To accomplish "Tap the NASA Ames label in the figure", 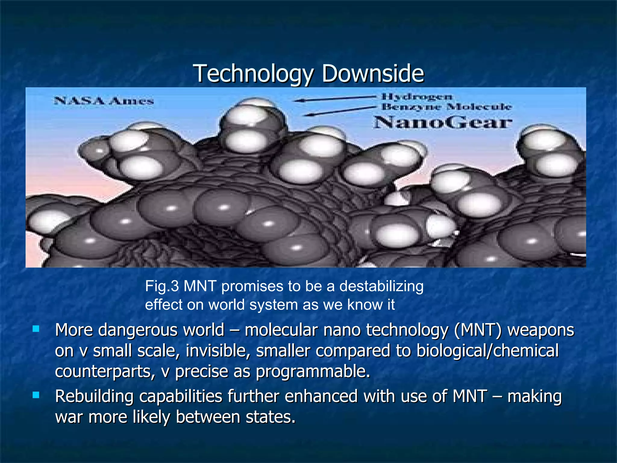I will (104, 101).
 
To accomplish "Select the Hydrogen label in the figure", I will (417, 97).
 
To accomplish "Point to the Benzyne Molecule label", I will (447, 107).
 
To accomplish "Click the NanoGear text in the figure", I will (443, 123).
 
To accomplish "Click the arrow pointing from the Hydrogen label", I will (334, 99).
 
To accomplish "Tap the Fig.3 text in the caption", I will (162, 286).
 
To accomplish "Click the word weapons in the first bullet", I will (541, 330).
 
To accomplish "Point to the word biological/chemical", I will (487, 351).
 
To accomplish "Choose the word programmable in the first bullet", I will (313, 372).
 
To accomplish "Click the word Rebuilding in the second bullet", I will (94, 396).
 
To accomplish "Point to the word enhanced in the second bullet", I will (321, 396).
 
